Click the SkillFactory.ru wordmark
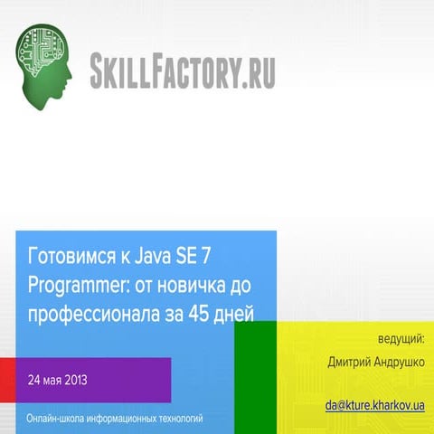click(x=183, y=71)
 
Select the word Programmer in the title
click(x=72, y=285)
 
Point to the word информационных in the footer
click(x=122, y=419)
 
